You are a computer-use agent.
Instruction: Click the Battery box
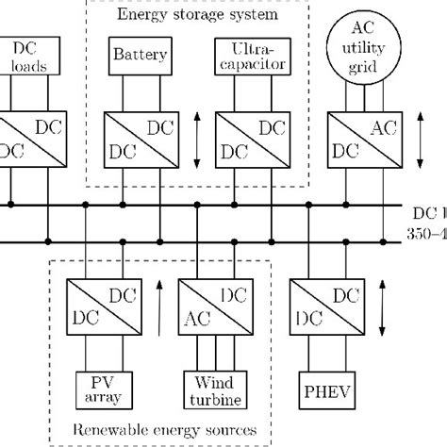tap(141, 55)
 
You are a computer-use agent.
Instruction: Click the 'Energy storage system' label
tap(197, 15)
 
